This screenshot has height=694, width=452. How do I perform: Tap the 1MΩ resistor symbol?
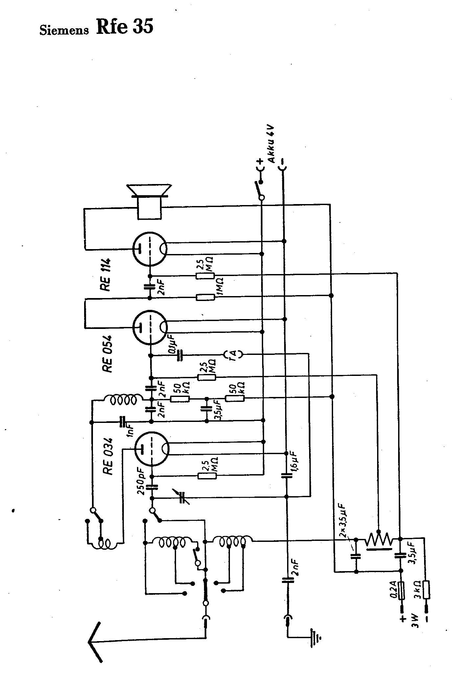205,298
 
